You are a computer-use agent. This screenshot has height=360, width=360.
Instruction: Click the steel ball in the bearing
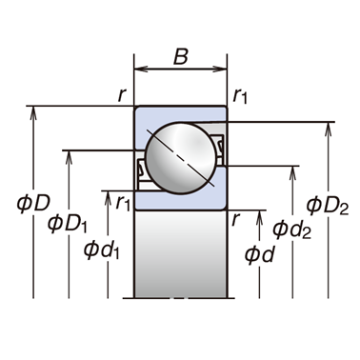coord(181,158)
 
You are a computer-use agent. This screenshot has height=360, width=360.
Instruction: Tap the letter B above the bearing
coord(181,56)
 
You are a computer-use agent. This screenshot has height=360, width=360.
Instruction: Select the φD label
coord(33,204)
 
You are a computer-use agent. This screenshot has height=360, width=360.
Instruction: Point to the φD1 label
coord(67,224)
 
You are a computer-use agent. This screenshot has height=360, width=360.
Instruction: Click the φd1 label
coord(101,250)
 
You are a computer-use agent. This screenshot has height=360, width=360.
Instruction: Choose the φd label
coord(259,254)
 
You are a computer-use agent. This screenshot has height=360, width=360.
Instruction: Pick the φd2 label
coord(291,230)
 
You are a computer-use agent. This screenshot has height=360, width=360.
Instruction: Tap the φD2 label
coord(328,206)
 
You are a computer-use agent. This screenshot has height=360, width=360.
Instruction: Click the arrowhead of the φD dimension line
coord(33,113)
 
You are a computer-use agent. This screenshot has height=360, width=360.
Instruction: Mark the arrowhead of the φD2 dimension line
coord(329,130)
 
